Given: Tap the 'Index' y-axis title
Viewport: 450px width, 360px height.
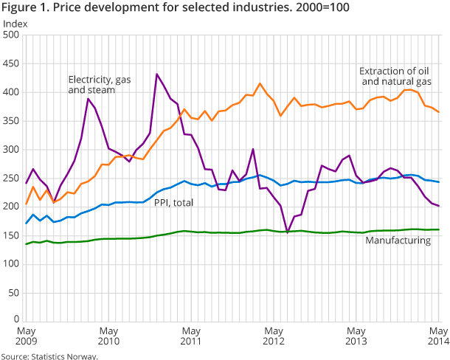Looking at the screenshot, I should coord(15,24).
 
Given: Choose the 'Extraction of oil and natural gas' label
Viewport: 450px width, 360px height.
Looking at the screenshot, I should coord(394,76).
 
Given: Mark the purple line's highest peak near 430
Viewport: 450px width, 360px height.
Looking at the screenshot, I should coord(157,74).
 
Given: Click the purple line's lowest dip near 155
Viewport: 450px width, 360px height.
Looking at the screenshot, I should coord(287,232).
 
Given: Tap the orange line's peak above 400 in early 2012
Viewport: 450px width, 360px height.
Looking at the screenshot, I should coord(260,83).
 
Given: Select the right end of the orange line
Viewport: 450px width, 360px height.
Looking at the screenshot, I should coord(440,112).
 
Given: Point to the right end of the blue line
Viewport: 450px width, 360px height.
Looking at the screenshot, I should coord(440,182).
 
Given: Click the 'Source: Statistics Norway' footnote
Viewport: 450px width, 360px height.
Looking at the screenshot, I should coord(49,356).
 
